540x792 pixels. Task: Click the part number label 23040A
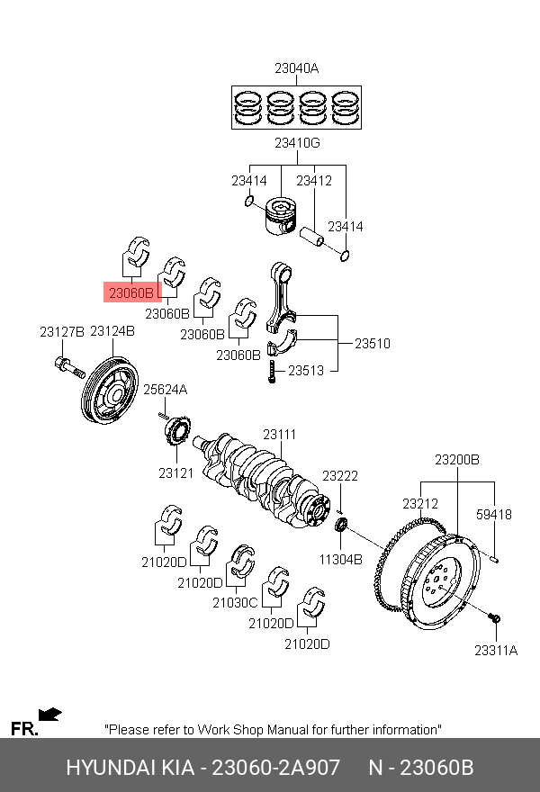(296, 68)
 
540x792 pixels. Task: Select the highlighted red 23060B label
(131, 292)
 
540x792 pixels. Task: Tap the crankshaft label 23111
(279, 435)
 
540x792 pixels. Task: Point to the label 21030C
(235, 603)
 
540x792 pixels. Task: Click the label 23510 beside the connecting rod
(373, 344)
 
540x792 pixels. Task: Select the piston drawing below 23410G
(281, 216)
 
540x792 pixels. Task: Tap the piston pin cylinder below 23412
(311, 236)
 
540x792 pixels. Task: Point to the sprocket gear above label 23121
(176, 431)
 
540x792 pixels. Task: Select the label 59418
(493, 515)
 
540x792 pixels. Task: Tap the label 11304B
(340, 560)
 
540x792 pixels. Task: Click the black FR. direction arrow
(49, 715)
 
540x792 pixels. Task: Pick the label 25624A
(166, 390)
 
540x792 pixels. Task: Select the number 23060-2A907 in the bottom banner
(275, 767)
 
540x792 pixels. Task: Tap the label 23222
(340, 476)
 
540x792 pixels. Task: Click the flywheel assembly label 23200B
(457, 460)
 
